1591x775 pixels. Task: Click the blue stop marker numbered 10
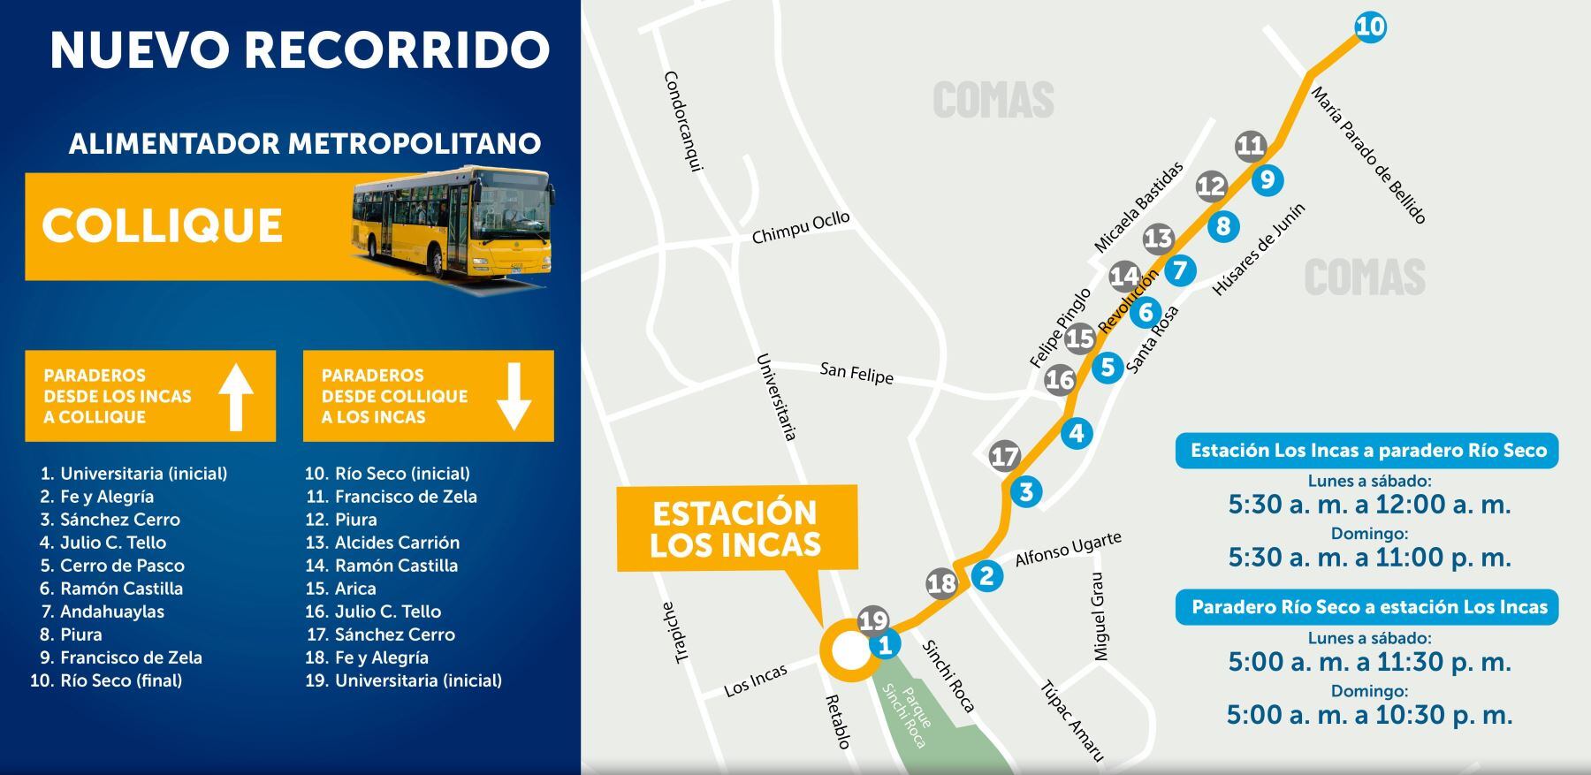click(1369, 27)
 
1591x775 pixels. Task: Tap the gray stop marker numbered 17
click(1004, 456)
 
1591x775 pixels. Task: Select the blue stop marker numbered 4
click(1077, 433)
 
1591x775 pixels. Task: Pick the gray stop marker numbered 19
click(872, 620)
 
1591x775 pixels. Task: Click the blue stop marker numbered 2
click(986, 576)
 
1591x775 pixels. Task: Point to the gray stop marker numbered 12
click(1211, 186)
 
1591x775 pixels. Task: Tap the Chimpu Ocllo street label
click(800, 227)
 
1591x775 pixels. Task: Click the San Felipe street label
click(856, 373)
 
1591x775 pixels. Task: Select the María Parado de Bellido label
click(1367, 156)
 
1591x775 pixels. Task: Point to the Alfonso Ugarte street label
click(1068, 550)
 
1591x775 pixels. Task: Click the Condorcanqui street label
click(682, 121)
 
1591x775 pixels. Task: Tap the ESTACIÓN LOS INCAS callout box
click(736, 528)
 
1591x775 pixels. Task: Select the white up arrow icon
click(236, 397)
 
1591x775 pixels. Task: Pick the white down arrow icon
click(514, 397)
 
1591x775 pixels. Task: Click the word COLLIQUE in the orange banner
click(162, 225)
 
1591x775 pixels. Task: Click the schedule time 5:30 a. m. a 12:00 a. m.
click(1369, 505)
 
